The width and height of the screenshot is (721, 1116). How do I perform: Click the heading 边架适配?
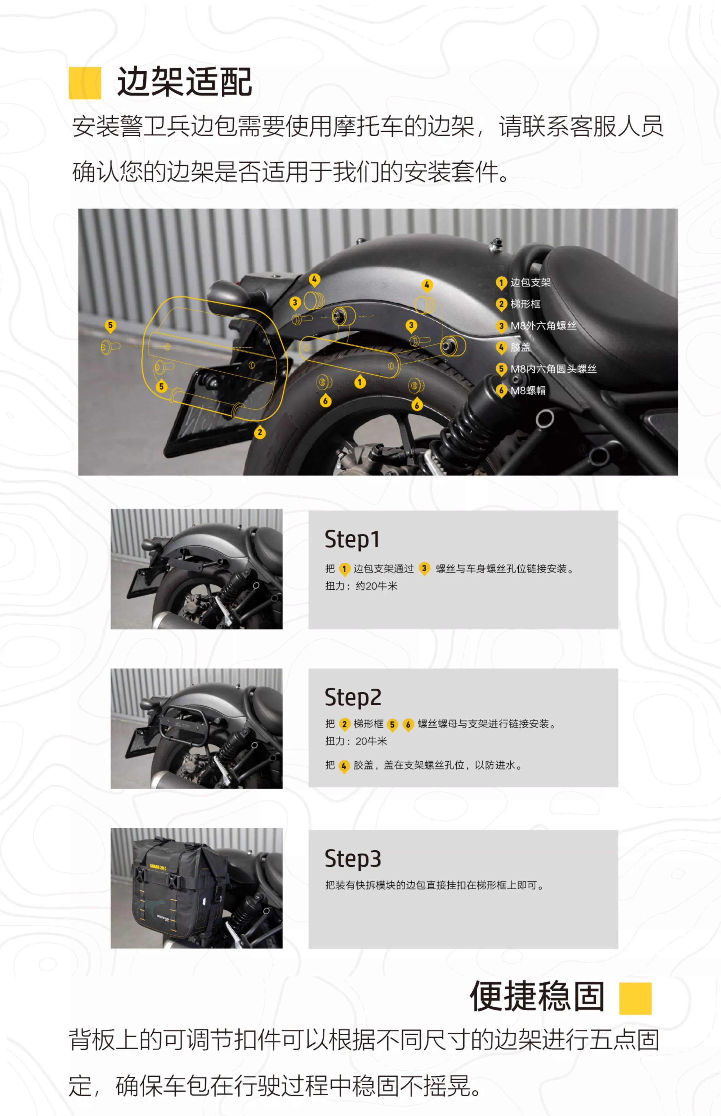(x=184, y=82)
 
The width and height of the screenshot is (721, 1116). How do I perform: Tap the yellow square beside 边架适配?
(x=85, y=83)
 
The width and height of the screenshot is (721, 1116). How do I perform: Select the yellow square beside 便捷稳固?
(x=635, y=998)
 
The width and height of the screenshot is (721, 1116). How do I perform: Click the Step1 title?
(x=352, y=539)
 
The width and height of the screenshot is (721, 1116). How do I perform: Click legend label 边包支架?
(x=531, y=282)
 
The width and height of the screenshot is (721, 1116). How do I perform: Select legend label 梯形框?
(x=525, y=304)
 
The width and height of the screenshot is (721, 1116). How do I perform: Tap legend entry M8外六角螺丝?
(x=543, y=326)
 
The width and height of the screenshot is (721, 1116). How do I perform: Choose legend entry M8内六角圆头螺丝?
(x=553, y=369)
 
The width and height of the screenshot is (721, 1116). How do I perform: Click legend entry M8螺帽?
(x=528, y=390)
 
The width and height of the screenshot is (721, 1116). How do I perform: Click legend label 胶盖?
(x=520, y=347)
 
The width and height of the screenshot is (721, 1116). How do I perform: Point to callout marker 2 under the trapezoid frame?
(x=260, y=432)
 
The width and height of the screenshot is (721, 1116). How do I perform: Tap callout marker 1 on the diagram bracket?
(x=360, y=382)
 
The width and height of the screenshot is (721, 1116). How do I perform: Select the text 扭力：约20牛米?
(x=361, y=586)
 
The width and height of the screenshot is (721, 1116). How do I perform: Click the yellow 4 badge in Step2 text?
(x=344, y=766)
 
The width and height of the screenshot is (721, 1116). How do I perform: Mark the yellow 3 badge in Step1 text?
(x=424, y=568)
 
